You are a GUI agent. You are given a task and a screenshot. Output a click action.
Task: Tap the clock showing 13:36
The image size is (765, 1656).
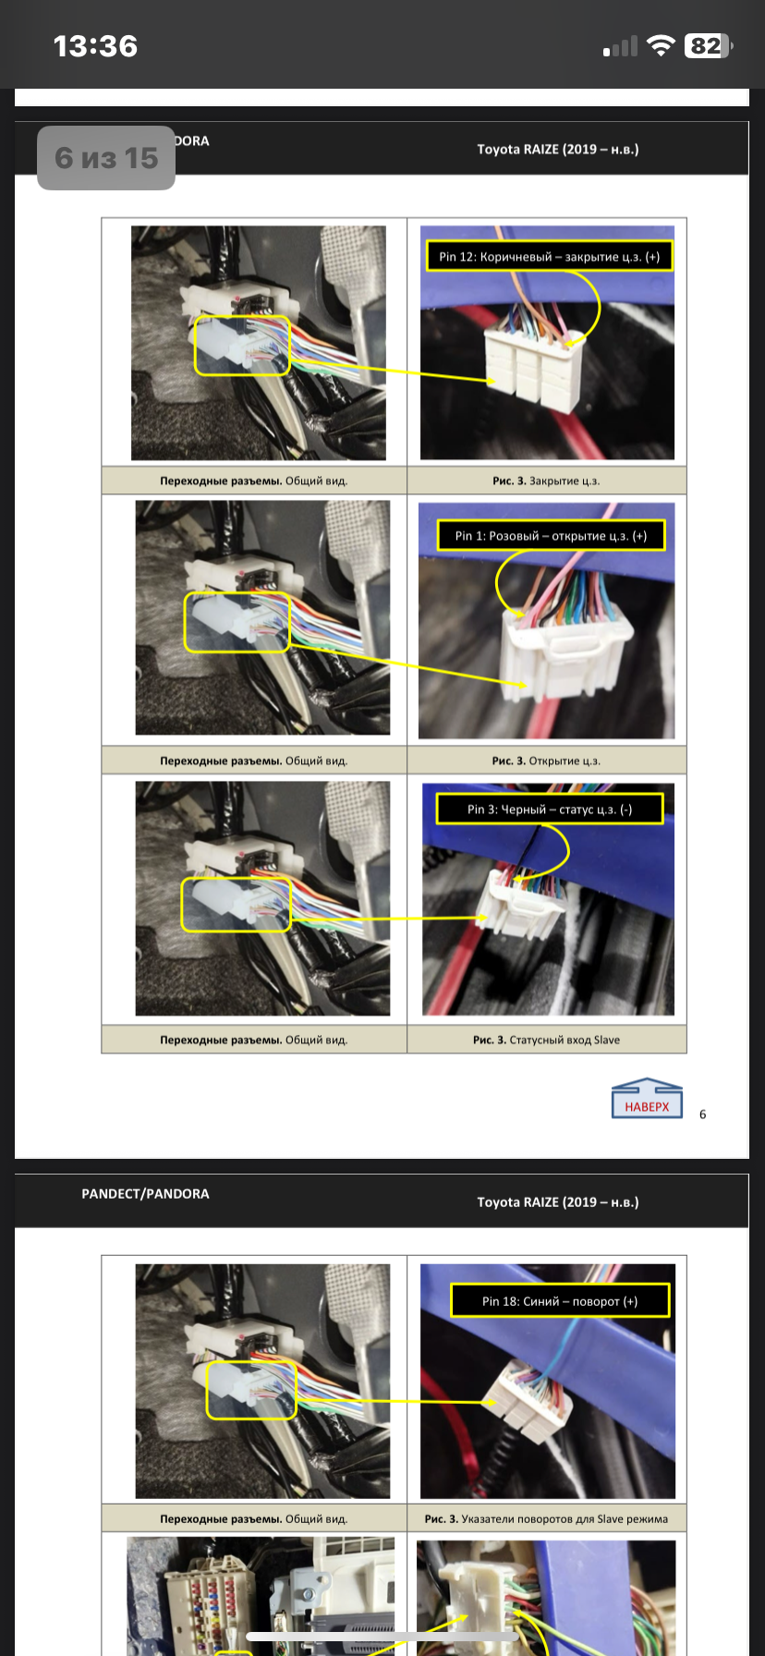(95, 46)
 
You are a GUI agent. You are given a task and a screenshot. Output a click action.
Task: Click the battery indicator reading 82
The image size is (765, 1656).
(708, 46)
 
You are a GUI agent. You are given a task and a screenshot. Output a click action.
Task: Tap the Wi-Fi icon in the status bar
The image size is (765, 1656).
(661, 46)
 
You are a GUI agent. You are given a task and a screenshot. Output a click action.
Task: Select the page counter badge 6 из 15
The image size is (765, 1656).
(106, 158)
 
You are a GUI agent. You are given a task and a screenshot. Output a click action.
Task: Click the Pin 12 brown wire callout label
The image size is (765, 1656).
(549, 256)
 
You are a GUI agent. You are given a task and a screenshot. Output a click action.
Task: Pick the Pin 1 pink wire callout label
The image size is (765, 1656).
(551, 535)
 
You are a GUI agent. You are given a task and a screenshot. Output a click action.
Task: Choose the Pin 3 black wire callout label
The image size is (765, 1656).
(550, 809)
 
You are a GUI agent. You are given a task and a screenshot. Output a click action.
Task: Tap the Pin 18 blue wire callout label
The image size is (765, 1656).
(560, 1300)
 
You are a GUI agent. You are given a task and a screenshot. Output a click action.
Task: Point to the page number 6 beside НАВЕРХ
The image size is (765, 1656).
(702, 1114)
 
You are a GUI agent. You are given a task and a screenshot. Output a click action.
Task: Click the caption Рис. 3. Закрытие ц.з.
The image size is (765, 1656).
(546, 481)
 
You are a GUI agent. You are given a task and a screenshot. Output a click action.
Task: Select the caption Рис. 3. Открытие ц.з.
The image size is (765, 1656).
(546, 761)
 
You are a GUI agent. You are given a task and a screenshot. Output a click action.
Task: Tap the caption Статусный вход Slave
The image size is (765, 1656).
(565, 1040)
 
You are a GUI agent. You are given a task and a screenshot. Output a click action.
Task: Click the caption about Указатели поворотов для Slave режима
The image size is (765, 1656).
(565, 1518)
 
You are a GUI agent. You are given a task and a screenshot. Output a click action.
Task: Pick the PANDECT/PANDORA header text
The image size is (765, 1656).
(145, 1193)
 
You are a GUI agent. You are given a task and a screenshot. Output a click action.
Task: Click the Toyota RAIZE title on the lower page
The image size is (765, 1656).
(558, 1201)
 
